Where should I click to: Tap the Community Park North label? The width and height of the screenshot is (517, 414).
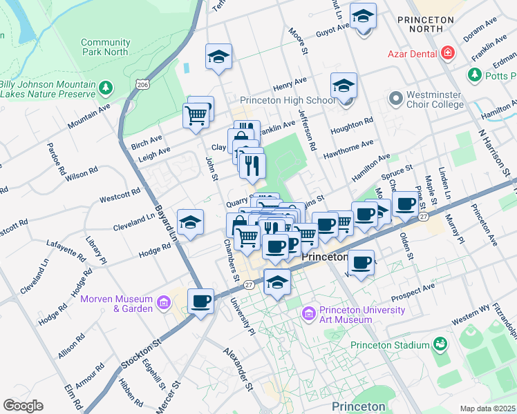click(105, 47)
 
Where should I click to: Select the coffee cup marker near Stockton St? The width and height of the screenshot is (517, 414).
click(200, 302)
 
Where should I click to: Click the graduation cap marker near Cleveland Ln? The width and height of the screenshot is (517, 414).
click(190, 223)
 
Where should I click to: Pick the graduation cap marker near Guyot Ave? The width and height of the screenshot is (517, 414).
click(363, 17)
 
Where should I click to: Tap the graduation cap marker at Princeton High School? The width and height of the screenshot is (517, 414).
click(344, 86)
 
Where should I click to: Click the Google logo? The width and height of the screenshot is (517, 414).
click(23, 406)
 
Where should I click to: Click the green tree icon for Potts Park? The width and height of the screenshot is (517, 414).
click(475, 73)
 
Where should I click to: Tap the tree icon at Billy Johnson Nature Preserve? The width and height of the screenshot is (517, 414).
click(105, 88)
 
